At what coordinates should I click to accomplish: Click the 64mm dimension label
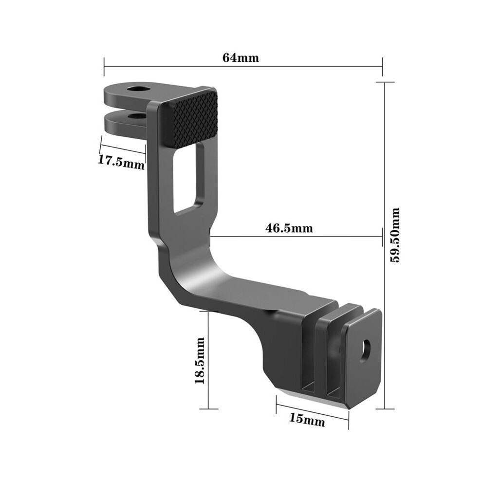point(241,57)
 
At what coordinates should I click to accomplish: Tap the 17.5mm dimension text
point(121,162)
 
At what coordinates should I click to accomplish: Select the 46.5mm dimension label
point(289,228)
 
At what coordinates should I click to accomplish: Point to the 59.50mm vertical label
point(395,235)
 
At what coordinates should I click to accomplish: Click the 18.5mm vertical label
point(200,361)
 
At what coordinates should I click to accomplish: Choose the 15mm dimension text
point(307,419)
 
